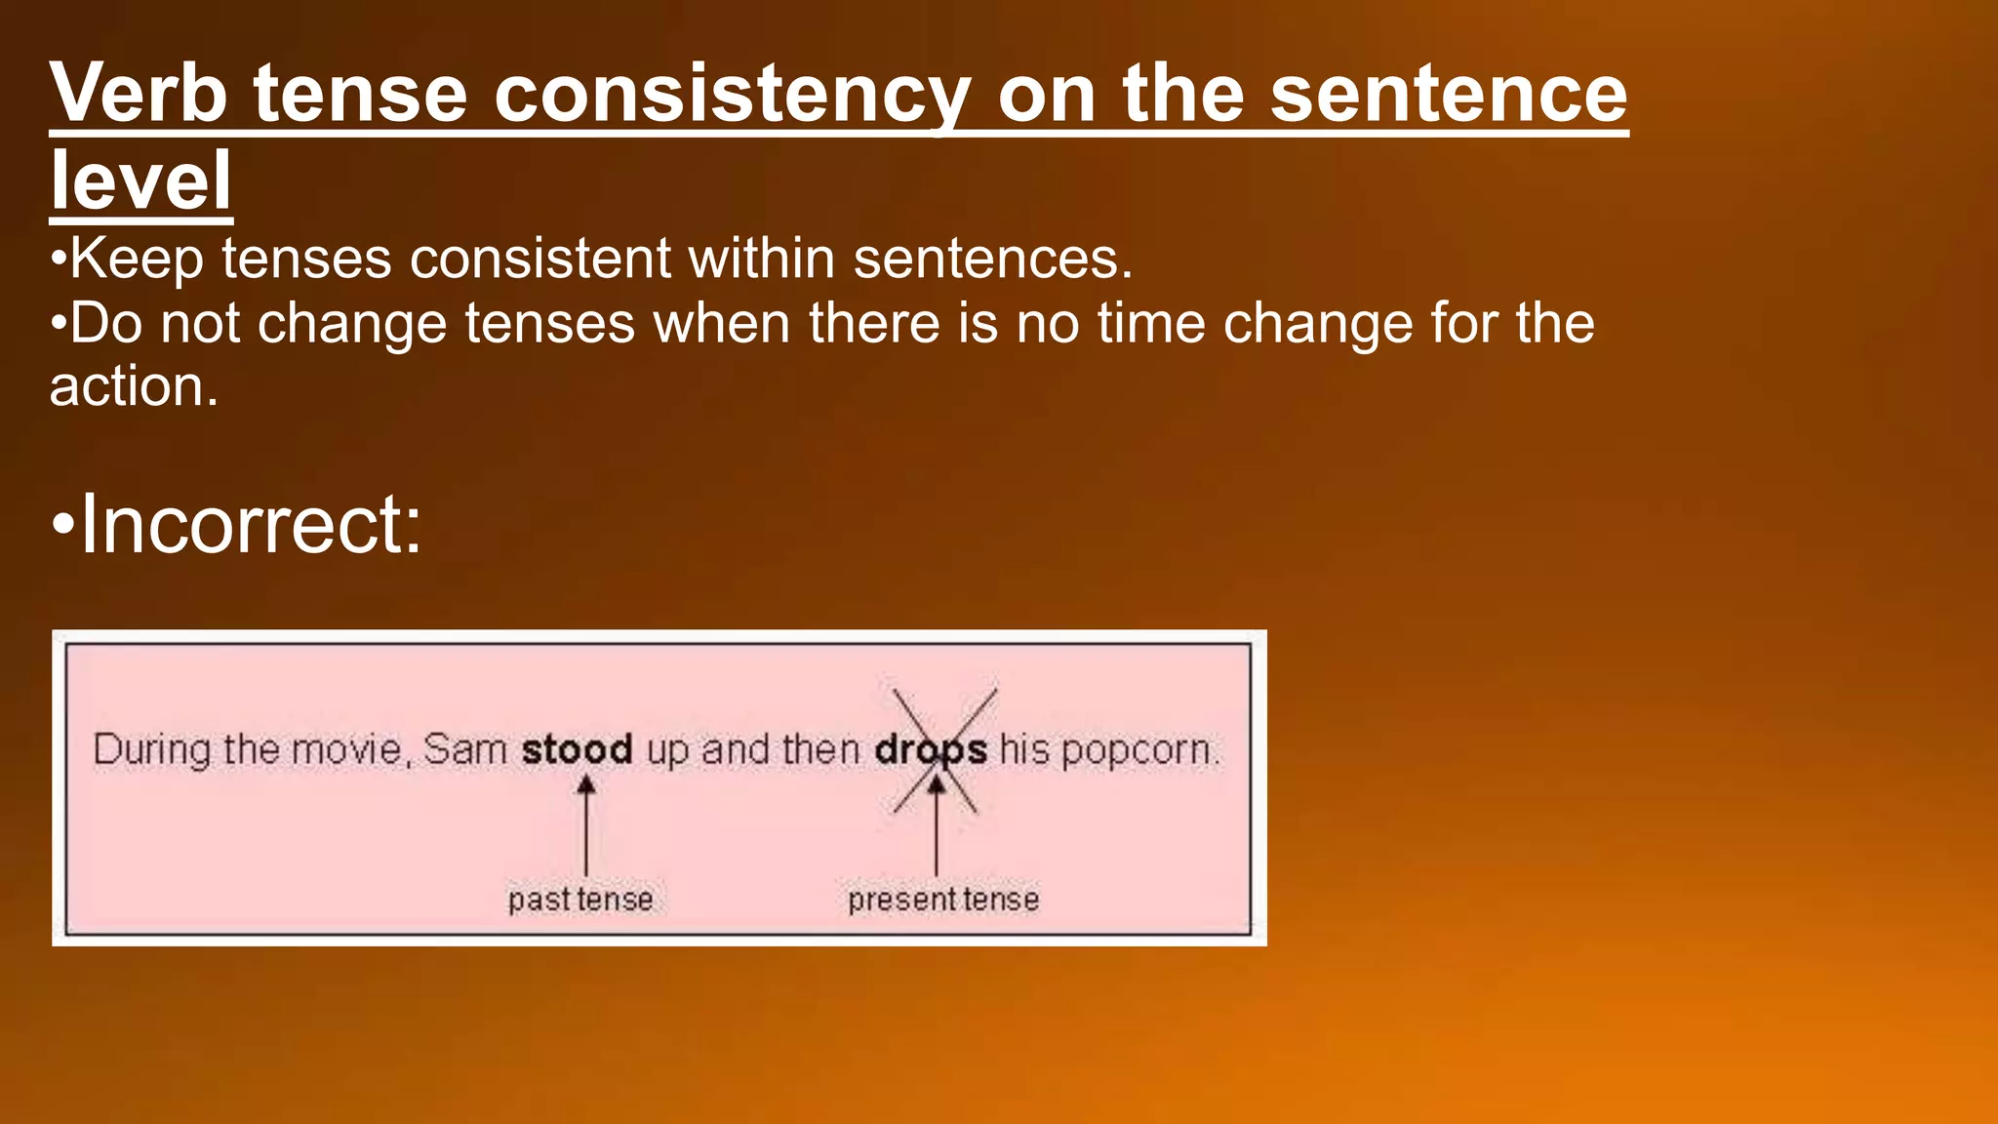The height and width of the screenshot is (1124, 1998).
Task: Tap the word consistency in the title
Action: pos(732,95)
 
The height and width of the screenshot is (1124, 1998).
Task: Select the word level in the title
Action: pos(140,181)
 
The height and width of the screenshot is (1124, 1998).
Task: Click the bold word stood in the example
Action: pos(577,749)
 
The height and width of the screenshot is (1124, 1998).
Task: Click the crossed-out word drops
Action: pos(931,749)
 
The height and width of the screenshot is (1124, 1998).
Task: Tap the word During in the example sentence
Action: pos(152,750)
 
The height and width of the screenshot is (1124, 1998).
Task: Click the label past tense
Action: pos(580,899)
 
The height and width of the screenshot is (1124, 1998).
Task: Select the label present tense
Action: pos(943,899)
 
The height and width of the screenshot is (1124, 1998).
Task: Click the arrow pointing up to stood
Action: pos(585,824)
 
